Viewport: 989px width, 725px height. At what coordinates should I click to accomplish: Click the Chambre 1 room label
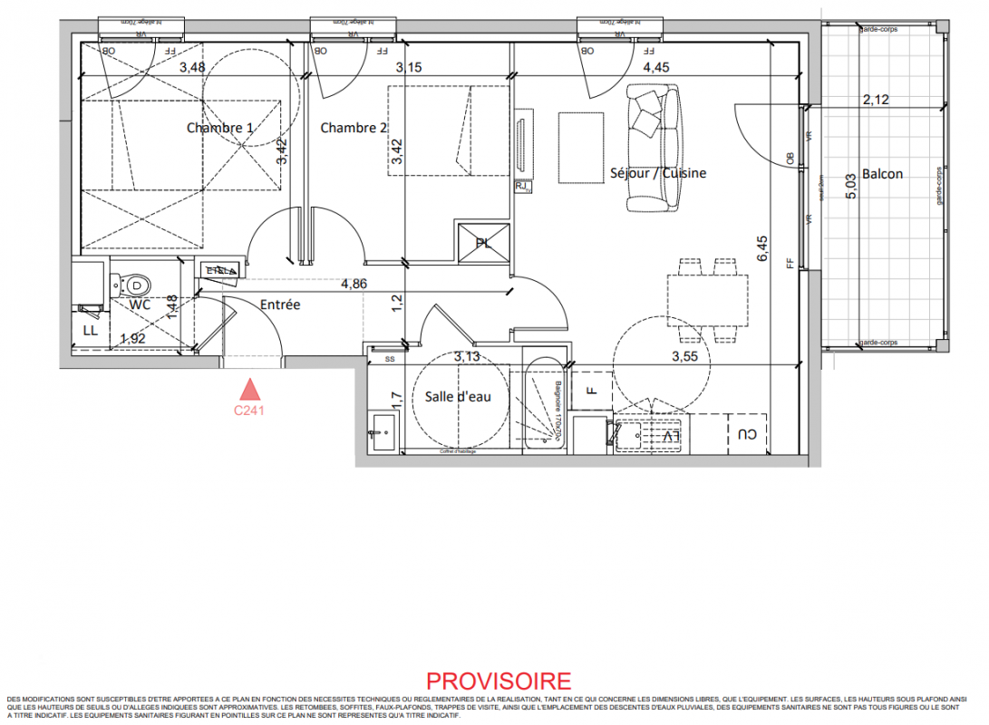point(219,128)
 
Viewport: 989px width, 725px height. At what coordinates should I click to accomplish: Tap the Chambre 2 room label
point(354,128)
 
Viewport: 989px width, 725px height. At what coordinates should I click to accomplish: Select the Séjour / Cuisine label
point(658,173)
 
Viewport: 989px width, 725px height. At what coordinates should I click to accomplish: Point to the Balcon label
point(882,174)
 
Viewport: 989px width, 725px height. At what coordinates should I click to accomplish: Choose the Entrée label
point(279,305)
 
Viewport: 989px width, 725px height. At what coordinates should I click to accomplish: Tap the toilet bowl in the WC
point(137,285)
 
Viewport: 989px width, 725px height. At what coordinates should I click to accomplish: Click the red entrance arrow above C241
point(249,390)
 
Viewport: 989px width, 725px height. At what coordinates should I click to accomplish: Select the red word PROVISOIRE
point(499,681)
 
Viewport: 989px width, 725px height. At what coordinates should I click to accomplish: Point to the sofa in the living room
point(654,148)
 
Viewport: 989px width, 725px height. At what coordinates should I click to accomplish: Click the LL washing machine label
point(90,331)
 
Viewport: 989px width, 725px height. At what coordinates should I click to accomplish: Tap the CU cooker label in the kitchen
point(746,435)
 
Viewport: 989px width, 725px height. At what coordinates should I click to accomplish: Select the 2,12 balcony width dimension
point(876,101)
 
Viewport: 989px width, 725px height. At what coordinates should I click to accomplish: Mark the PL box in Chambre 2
point(484,243)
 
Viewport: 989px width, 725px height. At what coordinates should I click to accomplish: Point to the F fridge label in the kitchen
point(590,391)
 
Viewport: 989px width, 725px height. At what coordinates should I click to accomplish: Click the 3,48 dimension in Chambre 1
point(191,67)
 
